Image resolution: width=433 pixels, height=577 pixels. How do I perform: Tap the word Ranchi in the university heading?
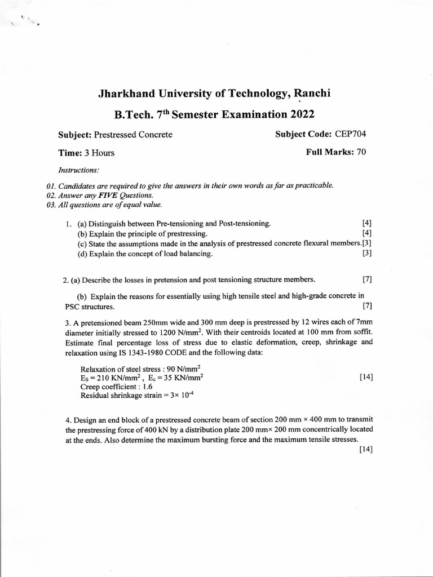[310, 94]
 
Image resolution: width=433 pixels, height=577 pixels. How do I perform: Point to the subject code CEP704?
[354, 134]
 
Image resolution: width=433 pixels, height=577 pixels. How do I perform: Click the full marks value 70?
[361, 152]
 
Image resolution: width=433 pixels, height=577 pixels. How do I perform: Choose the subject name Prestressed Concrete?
[133, 135]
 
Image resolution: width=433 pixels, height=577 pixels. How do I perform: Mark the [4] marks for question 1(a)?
[366, 224]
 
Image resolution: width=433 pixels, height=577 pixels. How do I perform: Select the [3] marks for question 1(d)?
[366, 254]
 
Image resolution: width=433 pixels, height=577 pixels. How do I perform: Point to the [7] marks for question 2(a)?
[367, 279]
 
